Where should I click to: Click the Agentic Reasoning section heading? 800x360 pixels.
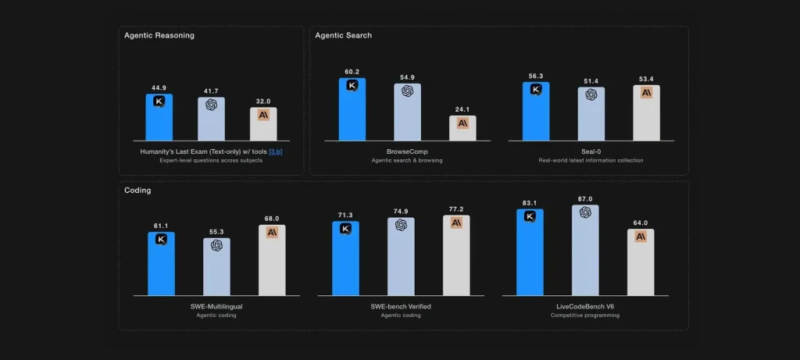159,35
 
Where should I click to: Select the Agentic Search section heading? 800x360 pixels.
343,35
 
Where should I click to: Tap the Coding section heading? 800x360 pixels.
137,190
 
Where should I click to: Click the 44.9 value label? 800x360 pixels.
159,87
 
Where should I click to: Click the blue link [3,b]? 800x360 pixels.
275,151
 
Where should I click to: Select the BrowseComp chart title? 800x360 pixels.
407,151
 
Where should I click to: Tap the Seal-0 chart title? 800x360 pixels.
591,151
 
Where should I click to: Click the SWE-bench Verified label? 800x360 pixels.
401,306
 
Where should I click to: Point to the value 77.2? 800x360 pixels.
456,209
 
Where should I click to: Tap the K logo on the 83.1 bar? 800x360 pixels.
530,216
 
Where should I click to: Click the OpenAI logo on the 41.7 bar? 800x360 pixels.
211,105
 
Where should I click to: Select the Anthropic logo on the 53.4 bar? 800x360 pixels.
646,92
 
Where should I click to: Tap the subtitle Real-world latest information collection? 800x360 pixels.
591,160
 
